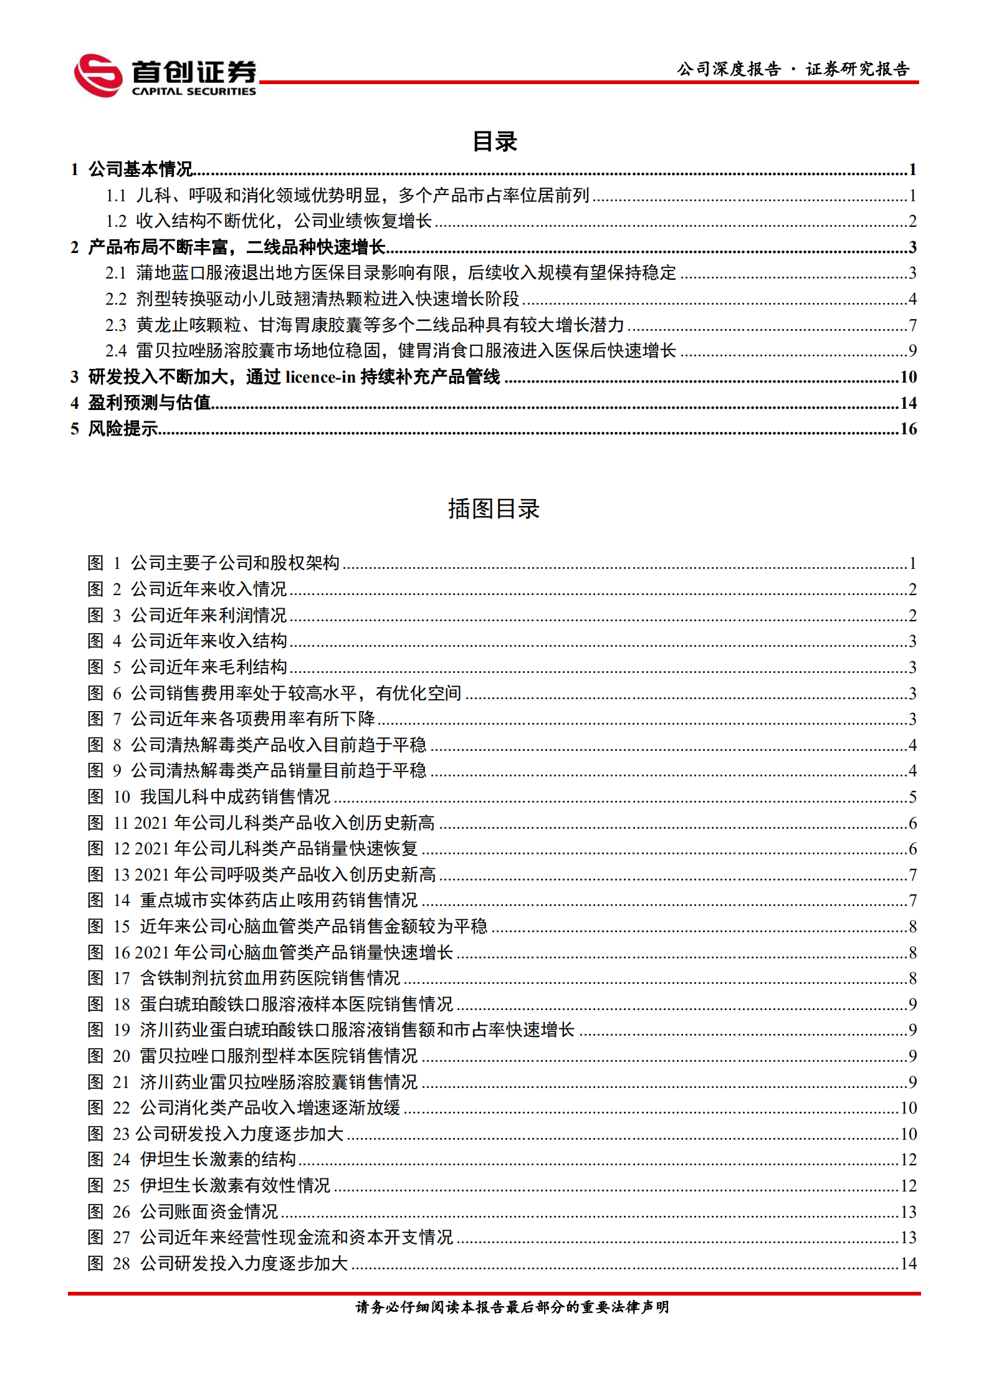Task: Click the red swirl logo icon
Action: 98,75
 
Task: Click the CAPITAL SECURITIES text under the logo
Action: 194,92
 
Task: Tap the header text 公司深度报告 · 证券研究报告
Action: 793,69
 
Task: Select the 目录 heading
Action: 494,141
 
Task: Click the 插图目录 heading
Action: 494,509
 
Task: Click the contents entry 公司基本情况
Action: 140,170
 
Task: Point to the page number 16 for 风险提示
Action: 908,429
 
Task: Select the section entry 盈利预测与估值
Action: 149,403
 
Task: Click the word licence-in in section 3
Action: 320,377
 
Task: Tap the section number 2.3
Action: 116,325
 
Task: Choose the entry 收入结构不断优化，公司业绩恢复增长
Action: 284,221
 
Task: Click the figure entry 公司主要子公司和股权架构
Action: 235,563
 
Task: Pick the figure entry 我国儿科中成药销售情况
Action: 235,797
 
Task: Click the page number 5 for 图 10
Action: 912,797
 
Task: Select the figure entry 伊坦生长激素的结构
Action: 217,1160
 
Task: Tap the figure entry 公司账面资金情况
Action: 209,1211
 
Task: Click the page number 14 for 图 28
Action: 909,1263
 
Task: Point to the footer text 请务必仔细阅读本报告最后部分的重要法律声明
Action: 512,1307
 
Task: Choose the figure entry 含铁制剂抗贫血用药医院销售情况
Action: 270,978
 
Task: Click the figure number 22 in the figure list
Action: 122,1108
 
